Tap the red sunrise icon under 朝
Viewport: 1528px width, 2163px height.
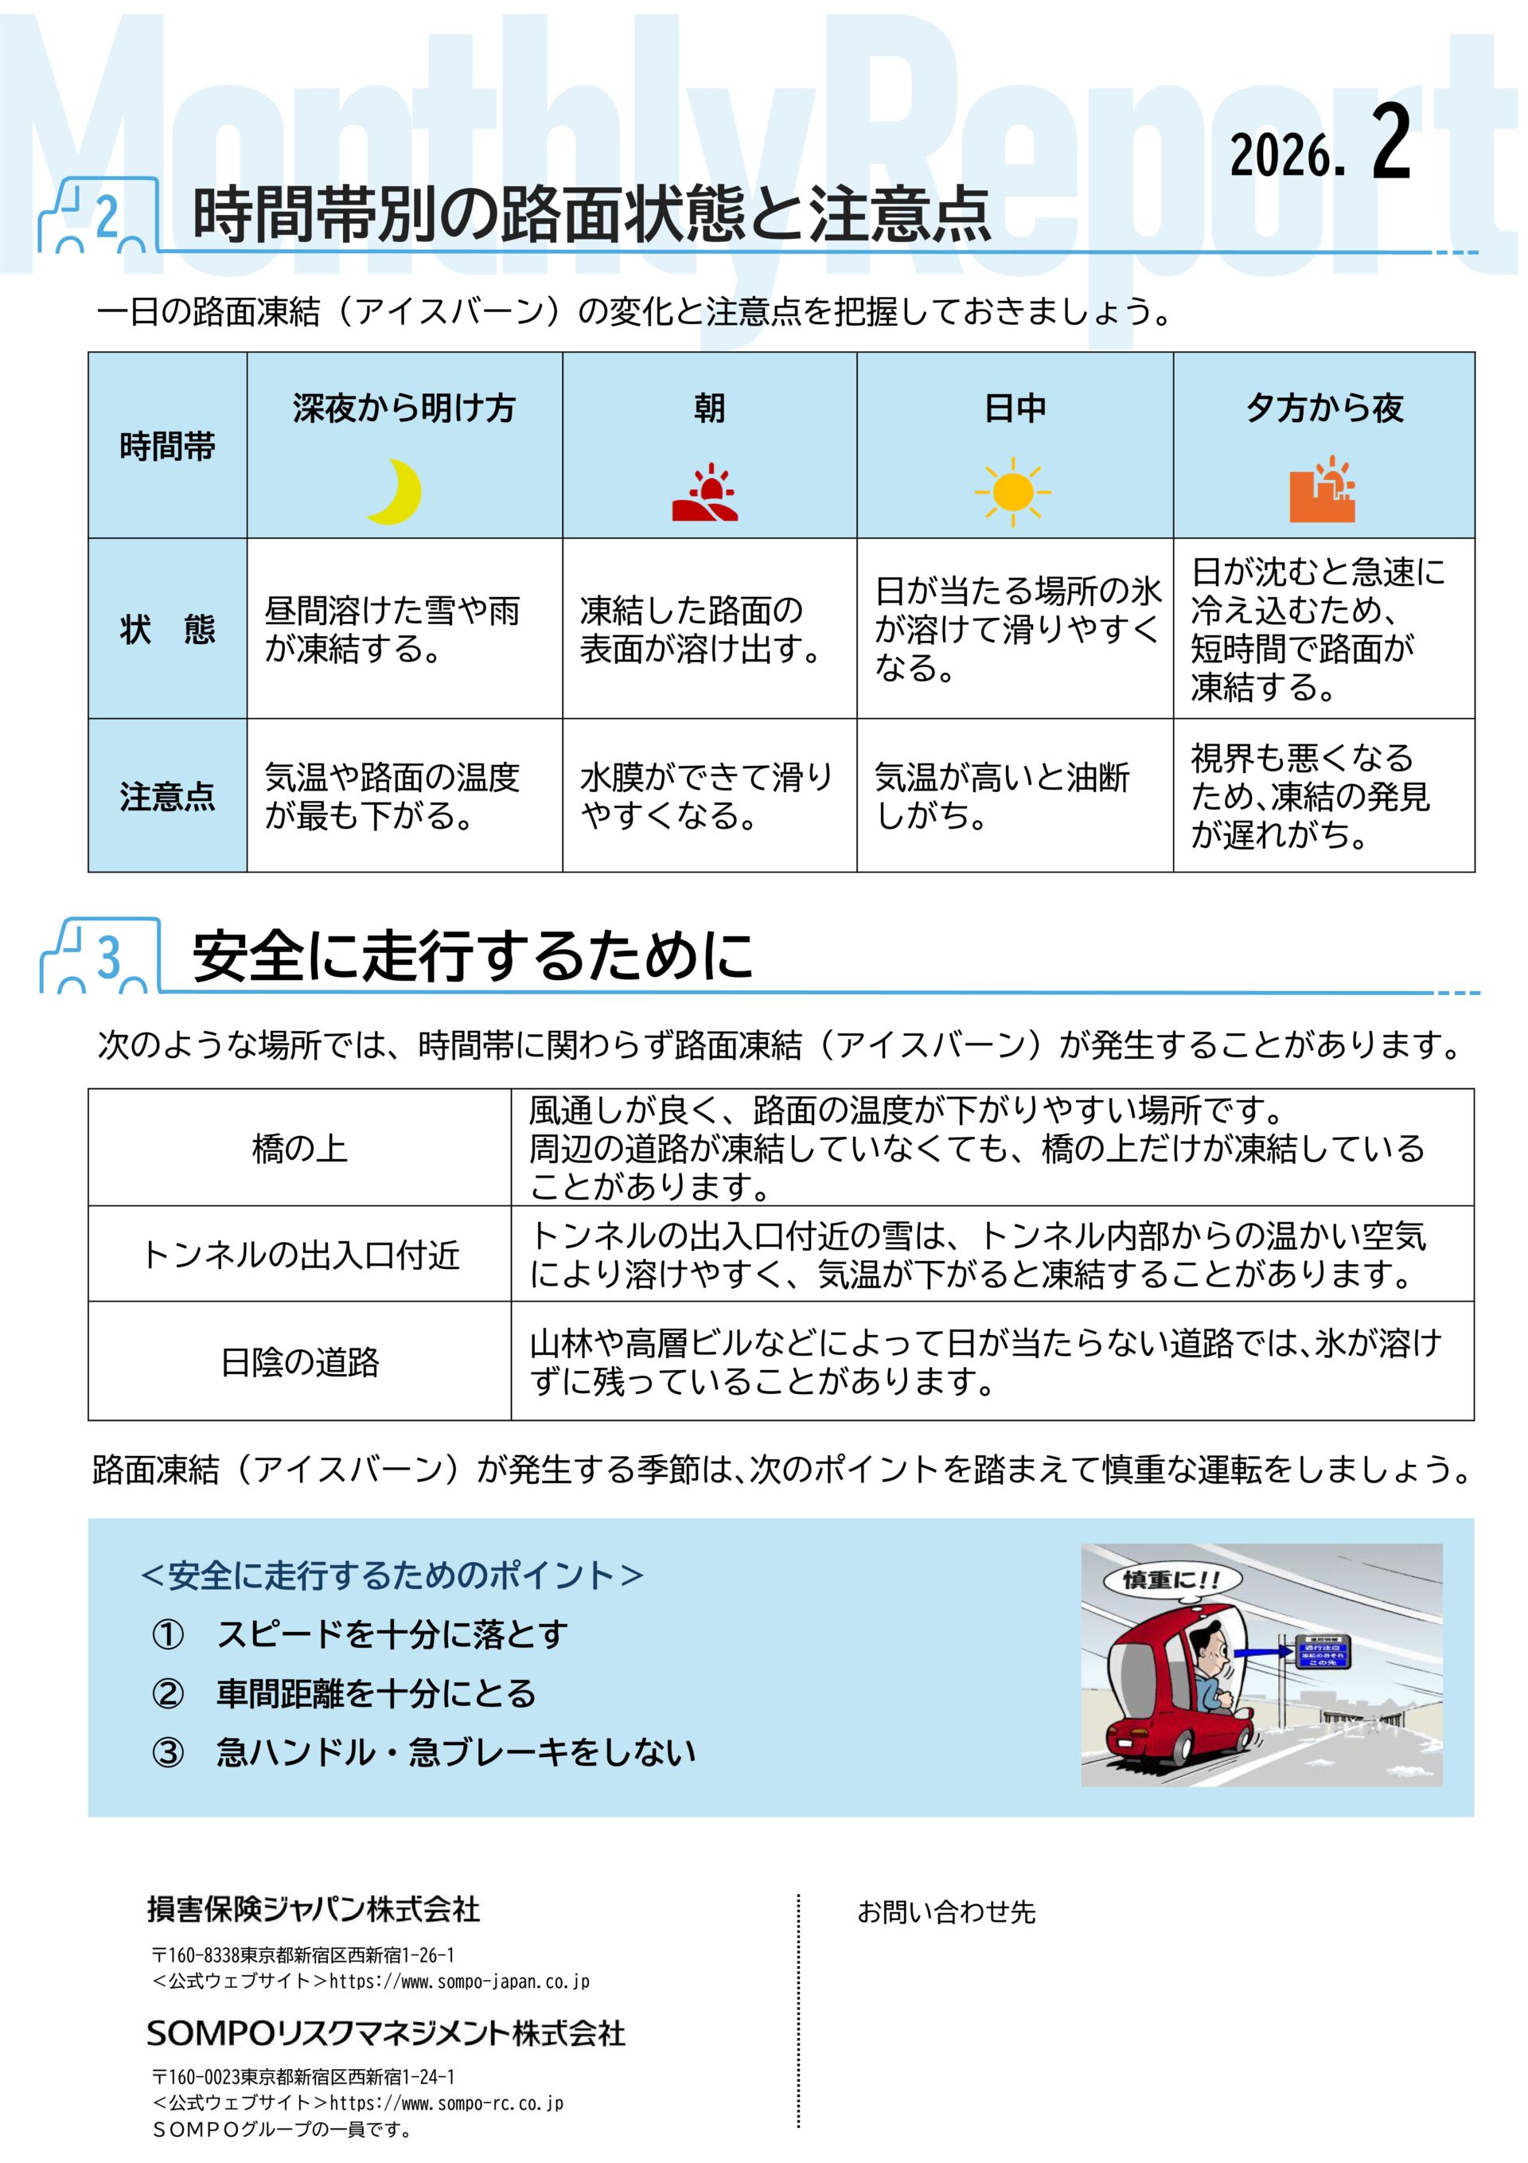click(x=704, y=493)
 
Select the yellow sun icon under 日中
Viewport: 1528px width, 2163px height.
click(x=1013, y=491)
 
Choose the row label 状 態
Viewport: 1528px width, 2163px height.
click(x=167, y=628)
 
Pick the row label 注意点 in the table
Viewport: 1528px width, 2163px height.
click(x=167, y=796)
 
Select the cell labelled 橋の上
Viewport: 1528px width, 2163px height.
click(x=299, y=1147)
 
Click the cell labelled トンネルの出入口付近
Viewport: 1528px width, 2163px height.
click(x=299, y=1255)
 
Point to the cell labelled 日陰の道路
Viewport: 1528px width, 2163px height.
click(x=299, y=1361)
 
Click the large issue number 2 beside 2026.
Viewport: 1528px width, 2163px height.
click(x=1390, y=143)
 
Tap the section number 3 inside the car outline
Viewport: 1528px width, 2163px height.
click(x=109, y=957)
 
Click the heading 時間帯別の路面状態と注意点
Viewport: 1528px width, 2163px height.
click(x=591, y=215)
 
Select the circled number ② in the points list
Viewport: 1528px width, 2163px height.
click(x=168, y=1693)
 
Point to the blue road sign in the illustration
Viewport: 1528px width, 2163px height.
click(x=1323, y=1651)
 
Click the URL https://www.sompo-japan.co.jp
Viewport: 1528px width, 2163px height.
click(x=458, y=1981)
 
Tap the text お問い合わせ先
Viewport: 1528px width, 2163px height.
click(x=945, y=1912)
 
